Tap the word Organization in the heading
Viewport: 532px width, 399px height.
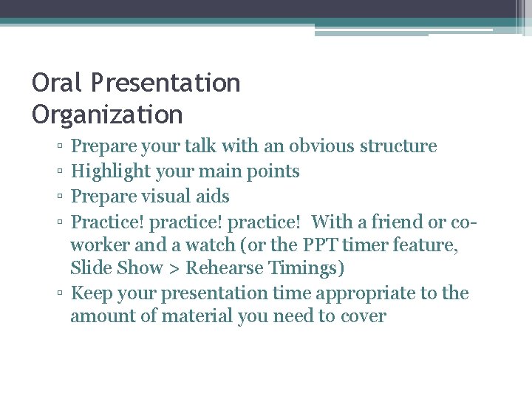[x=107, y=115]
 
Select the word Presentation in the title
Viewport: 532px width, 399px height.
[x=166, y=83]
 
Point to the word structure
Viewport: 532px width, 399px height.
[x=398, y=146]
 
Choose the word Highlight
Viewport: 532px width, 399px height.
[x=112, y=171]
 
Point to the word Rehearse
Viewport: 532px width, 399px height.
[x=226, y=267]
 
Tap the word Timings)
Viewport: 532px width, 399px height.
[x=307, y=267]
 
